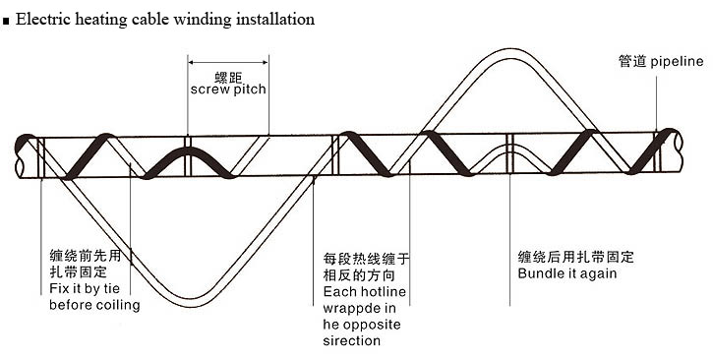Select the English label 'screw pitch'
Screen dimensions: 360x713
tap(228, 90)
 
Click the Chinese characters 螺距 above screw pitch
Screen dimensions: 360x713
tap(228, 75)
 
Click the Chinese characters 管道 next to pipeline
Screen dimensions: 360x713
tap(631, 61)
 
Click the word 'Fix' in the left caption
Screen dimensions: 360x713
tap(60, 289)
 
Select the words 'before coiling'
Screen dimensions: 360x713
tap(94, 305)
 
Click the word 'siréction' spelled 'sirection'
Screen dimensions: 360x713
tap(351, 340)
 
